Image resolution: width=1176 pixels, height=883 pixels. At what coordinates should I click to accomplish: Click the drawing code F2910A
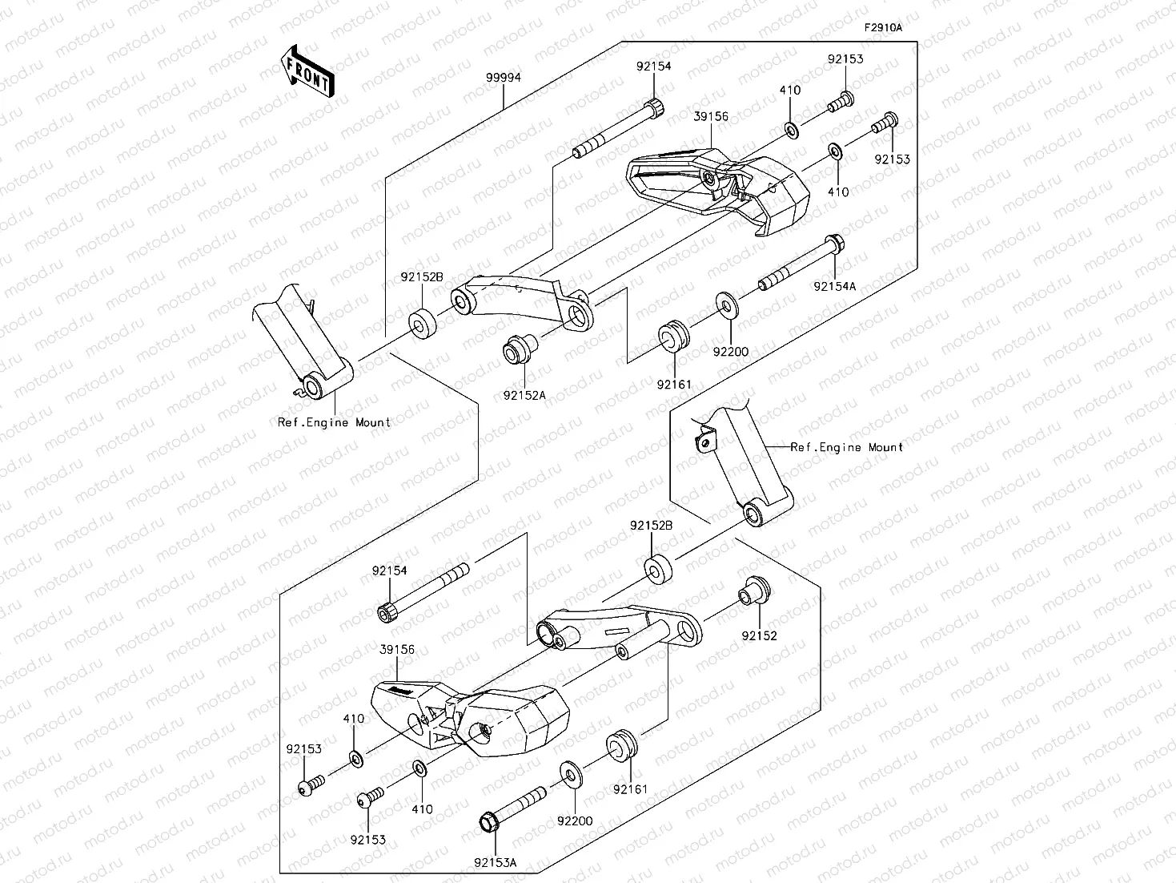tap(882, 27)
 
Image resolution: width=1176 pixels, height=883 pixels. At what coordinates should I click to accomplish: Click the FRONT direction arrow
tap(306, 71)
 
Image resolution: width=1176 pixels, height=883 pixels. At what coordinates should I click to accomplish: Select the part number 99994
tap(503, 78)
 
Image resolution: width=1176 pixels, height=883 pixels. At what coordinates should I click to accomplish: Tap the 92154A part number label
tap(834, 285)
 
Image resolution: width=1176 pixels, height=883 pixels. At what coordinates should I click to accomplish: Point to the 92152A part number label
tap(524, 394)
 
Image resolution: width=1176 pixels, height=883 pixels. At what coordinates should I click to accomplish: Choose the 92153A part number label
tap(495, 862)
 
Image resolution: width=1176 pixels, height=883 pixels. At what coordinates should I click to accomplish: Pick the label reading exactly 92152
tap(759, 635)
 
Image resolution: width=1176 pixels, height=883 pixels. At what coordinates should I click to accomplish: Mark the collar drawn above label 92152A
tap(519, 351)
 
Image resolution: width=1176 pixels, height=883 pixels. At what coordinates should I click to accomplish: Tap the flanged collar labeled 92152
tap(753, 591)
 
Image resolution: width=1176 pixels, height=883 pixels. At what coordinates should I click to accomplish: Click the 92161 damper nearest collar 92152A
tap(672, 335)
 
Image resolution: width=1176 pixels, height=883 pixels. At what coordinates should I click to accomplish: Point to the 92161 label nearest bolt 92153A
tap(630, 789)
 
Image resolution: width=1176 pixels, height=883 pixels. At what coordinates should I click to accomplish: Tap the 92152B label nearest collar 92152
tap(651, 526)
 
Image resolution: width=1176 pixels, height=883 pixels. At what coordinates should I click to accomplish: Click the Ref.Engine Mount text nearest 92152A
tap(334, 422)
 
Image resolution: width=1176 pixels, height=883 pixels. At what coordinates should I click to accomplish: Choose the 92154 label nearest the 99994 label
tap(654, 67)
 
